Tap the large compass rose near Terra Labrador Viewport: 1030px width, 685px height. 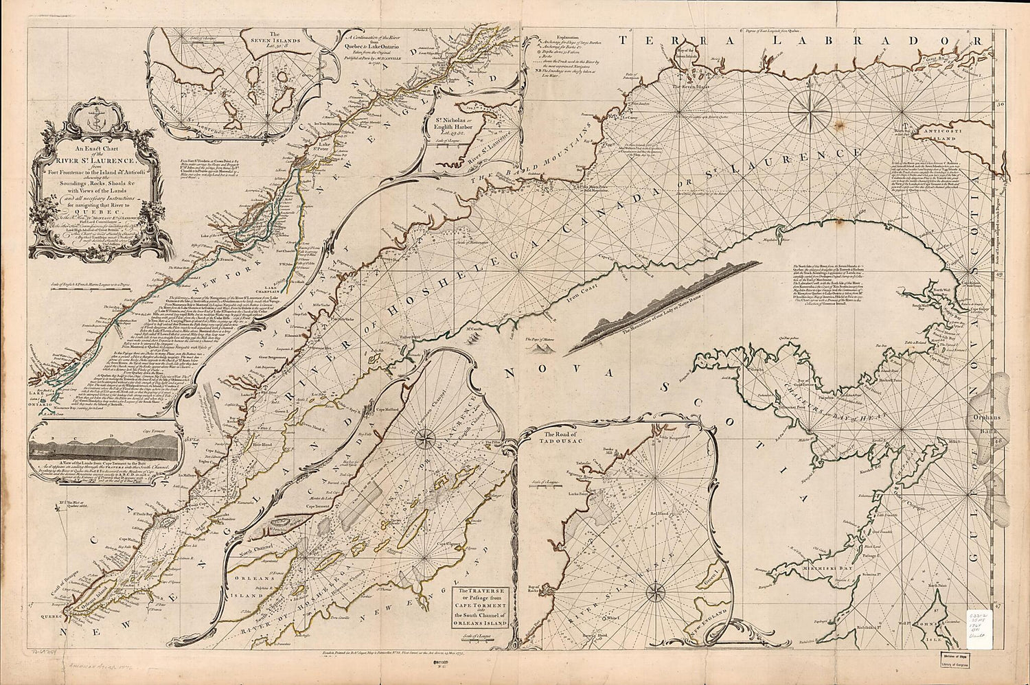coord(809,110)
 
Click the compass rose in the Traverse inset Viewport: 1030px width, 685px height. coord(426,434)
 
